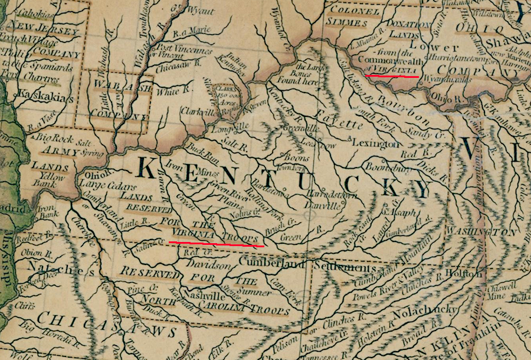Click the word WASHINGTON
pyautogui.click(x=472, y=231)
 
